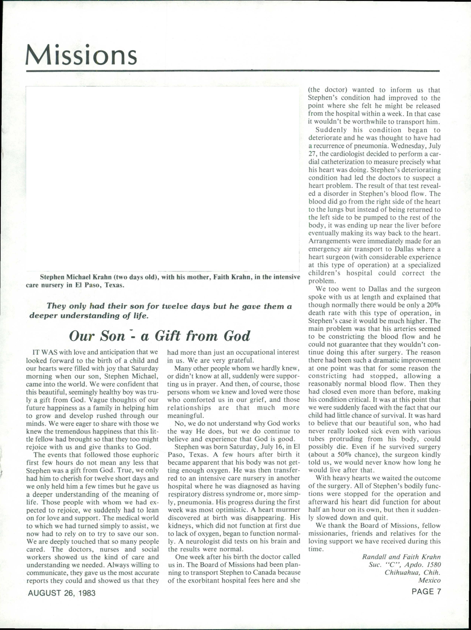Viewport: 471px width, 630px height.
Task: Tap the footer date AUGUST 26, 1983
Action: coord(62,593)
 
